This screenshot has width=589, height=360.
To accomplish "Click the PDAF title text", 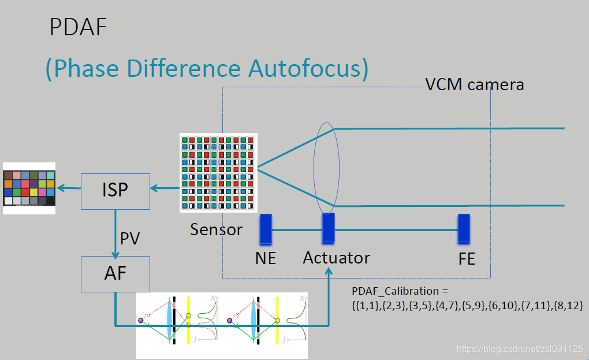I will click(x=78, y=27).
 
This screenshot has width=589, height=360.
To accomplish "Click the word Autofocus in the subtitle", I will click(x=308, y=68).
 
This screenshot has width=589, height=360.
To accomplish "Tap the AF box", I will click(x=115, y=273).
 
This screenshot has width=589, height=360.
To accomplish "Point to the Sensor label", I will click(x=216, y=229).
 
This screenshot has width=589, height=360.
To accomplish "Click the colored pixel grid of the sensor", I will click(x=218, y=172).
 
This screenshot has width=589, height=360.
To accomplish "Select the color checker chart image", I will click(x=29, y=188).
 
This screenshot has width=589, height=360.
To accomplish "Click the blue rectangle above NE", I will click(x=266, y=228).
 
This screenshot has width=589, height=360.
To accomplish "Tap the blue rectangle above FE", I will click(x=464, y=229).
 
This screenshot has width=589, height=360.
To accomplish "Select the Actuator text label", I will click(x=336, y=257).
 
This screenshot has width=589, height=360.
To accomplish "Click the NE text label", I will click(x=266, y=258).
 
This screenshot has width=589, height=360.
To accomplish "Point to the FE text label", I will click(x=467, y=259).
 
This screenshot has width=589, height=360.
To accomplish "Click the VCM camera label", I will click(x=474, y=84).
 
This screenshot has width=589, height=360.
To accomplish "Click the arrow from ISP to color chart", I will click(x=68, y=188).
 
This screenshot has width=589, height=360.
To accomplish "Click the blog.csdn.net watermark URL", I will click(x=519, y=348).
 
